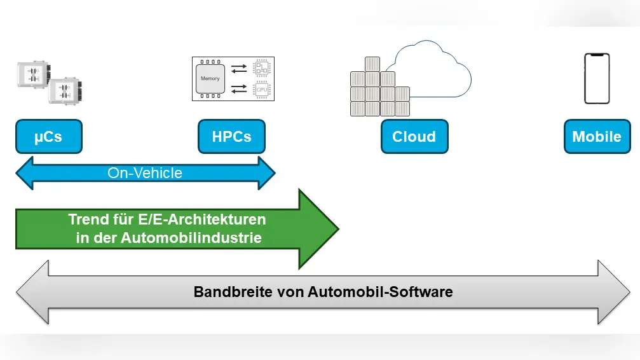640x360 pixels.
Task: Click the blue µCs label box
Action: (x=48, y=137)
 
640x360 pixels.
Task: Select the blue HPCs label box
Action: (x=231, y=137)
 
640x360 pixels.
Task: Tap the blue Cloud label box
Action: (x=414, y=137)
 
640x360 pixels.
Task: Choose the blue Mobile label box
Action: (x=596, y=137)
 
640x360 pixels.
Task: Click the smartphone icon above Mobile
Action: (x=596, y=78)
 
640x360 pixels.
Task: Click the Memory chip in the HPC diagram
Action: (x=210, y=79)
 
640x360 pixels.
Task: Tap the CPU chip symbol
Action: (x=261, y=90)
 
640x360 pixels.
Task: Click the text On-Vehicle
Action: (x=145, y=172)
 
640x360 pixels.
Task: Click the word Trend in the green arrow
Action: (x=87, y=219)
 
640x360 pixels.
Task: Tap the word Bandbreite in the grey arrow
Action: (x=224, y=292)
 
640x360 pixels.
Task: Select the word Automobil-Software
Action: (x=380, y=292)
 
